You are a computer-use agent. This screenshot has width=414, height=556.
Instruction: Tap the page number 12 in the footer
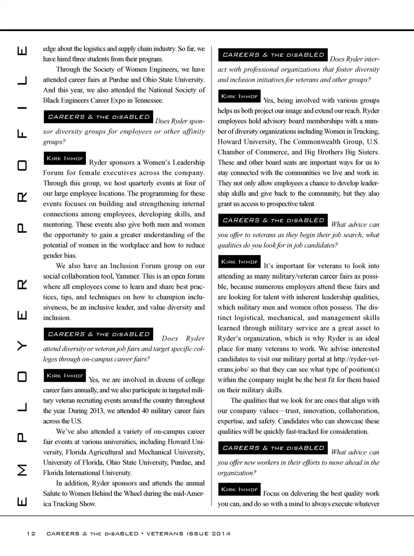click(x=31, y=534)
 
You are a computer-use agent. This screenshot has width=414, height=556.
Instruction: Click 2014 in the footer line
click(x=221, y=534)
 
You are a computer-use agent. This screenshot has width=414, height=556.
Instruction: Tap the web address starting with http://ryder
click(x=356, y=359)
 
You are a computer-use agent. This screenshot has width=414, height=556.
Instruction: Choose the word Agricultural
click(x=112, y=452)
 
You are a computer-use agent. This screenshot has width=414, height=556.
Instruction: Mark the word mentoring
click(x=58, y=225)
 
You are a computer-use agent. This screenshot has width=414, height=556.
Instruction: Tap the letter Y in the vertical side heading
click(x=22, y=346)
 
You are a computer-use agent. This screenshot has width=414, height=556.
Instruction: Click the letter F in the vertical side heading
click(x=22, y=134)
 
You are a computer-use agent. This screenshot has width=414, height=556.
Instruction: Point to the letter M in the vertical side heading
click(x=22, y=469)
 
